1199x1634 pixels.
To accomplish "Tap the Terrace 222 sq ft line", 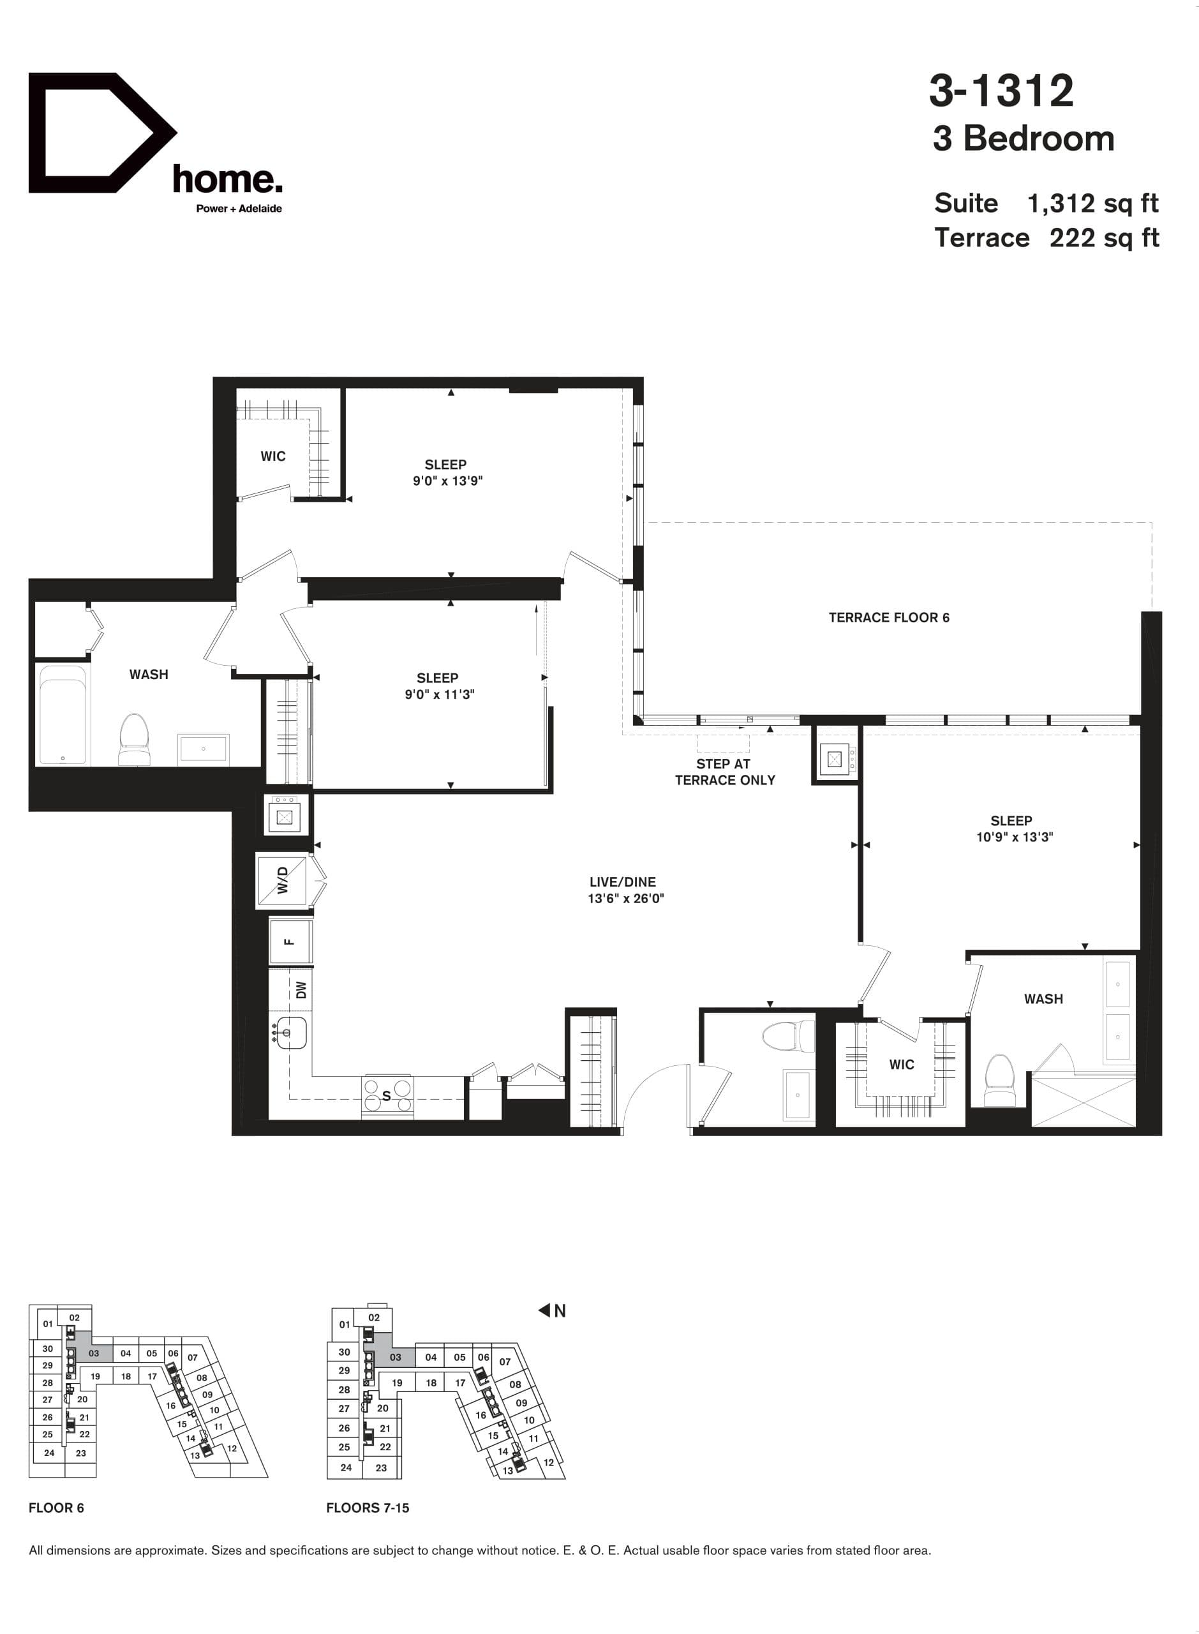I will point(1046,238).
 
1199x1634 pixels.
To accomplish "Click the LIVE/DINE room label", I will point(622,882).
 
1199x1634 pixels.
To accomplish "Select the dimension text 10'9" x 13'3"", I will point(1014,837).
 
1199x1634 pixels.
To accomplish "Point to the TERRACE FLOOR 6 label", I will point(888,618).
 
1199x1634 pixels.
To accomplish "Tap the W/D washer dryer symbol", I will point(281,881).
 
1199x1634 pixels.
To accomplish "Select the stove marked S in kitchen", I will point(387,1095).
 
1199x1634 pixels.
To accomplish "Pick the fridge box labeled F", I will point(290,942).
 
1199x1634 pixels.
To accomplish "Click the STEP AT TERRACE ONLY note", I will point(724,772).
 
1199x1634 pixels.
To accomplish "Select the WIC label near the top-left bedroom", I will point(273,456).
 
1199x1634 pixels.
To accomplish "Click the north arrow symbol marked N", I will point(551,1311).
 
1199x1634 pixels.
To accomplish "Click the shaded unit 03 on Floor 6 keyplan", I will point(94,1353).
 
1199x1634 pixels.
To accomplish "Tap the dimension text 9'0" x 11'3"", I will point(439,694).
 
